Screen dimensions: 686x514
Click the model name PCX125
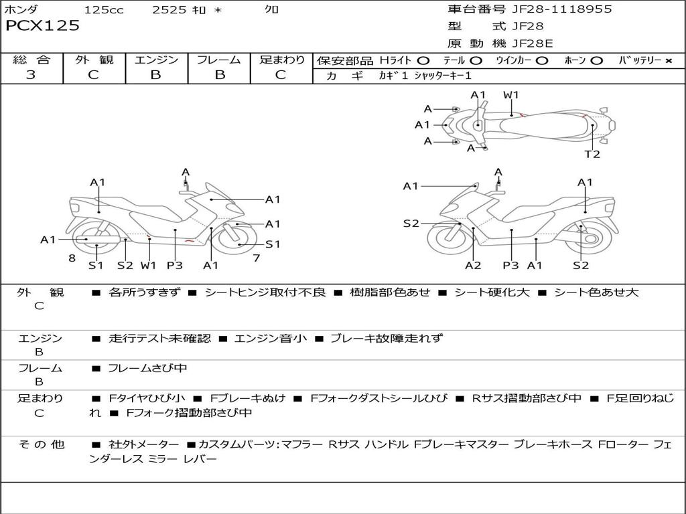click(42, 26)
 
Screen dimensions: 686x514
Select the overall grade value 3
click(31, 75)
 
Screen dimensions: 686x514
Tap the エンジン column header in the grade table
click(156, 60)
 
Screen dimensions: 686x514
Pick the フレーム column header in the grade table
click(219, 60)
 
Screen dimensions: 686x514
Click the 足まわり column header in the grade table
click(282, 60)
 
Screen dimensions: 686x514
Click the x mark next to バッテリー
click(668, 61)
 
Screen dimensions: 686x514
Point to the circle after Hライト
click(423, 61)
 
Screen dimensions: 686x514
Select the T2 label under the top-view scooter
click(592, 155)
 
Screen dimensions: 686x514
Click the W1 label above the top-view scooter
click(511, 95)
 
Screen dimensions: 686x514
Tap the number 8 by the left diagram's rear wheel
click(72, 258)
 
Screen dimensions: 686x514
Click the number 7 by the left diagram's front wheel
click(257, 258)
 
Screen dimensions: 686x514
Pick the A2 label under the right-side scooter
click(473, 266)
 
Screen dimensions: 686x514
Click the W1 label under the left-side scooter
click(148, 266)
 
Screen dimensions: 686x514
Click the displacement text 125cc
click(104, 9)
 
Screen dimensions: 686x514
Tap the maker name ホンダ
click(21, 9)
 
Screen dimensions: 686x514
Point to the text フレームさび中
click(147, 368)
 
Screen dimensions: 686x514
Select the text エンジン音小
click(271, 339)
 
